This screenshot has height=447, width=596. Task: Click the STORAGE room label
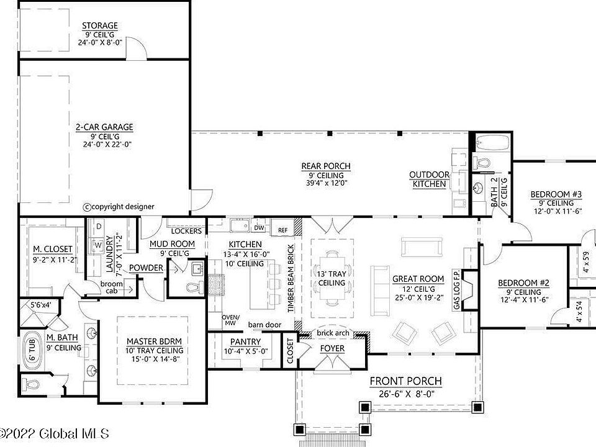coord(100,26)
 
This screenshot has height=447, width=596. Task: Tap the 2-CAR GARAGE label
coord(104,127)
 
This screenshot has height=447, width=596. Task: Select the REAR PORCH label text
coord(326,166)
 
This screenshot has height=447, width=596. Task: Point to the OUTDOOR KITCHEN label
coord(429,179)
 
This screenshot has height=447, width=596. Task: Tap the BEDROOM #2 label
coord(523,284)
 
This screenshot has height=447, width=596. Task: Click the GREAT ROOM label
coord(418,279)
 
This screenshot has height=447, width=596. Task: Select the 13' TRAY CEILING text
coord(332,279)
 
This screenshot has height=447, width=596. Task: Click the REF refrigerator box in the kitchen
coord(283,229)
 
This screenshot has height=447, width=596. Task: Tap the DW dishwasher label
coord(260,228)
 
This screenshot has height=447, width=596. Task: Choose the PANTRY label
coord(245,342)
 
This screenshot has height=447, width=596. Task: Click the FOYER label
coord(332,348)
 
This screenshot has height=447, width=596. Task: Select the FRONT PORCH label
coord(405,381)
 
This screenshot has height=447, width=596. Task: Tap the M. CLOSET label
coord(53,250)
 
